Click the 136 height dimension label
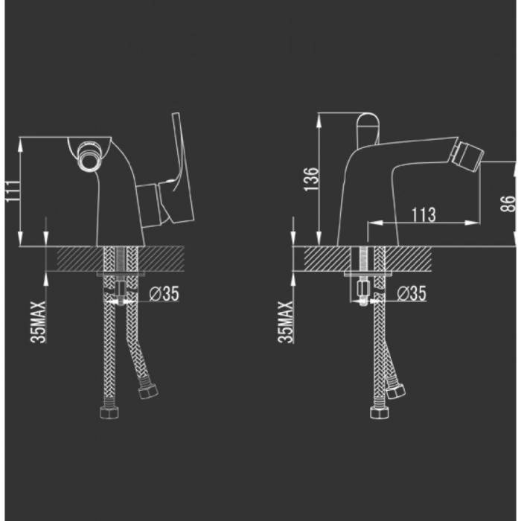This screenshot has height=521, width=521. pos(311,179)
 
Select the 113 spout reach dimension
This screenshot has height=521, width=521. pos(423,214)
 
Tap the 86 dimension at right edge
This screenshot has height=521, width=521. pos(508,203)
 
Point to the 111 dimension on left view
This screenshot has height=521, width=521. pos(13,191)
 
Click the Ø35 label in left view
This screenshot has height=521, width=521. pos(164,294)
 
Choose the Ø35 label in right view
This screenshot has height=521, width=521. pos(412,293)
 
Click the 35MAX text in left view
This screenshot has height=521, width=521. pos(38,322)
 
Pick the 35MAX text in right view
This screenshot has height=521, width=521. pos(286,322)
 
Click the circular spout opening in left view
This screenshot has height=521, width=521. pos(89,156)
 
